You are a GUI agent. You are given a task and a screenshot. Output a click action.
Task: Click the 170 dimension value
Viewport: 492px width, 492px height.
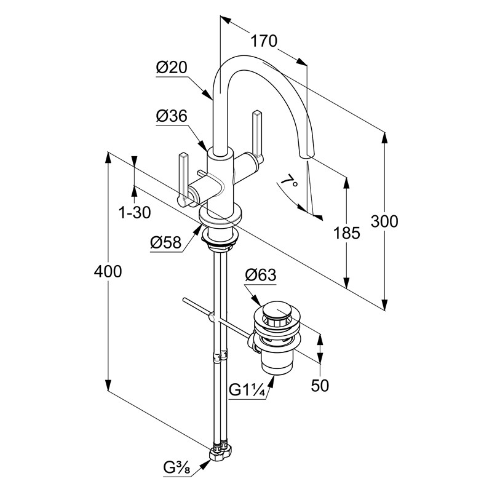(x=264, y=41)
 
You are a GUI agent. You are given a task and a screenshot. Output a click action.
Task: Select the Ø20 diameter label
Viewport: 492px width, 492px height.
(x=171, y=68)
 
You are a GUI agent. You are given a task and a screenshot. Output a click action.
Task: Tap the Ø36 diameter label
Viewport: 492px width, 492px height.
(x=171, y=115)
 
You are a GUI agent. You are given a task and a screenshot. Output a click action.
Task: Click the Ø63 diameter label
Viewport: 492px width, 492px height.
(x=260, y=275)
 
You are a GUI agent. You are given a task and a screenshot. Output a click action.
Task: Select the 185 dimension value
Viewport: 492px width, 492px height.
(x=347, y=232)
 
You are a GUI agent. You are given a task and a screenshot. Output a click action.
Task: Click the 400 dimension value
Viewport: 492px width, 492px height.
(x=108, y=271)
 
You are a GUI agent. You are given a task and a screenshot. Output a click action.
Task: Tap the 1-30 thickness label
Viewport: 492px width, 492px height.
(x=135, y=213)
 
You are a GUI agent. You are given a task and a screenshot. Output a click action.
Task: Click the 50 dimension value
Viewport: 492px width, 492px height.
(x=320, y=386)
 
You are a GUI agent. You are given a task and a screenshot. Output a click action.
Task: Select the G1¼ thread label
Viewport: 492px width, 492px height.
(x=247, y=389)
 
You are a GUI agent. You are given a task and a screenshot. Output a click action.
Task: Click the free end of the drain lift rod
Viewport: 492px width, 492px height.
(x=184, y=300)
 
